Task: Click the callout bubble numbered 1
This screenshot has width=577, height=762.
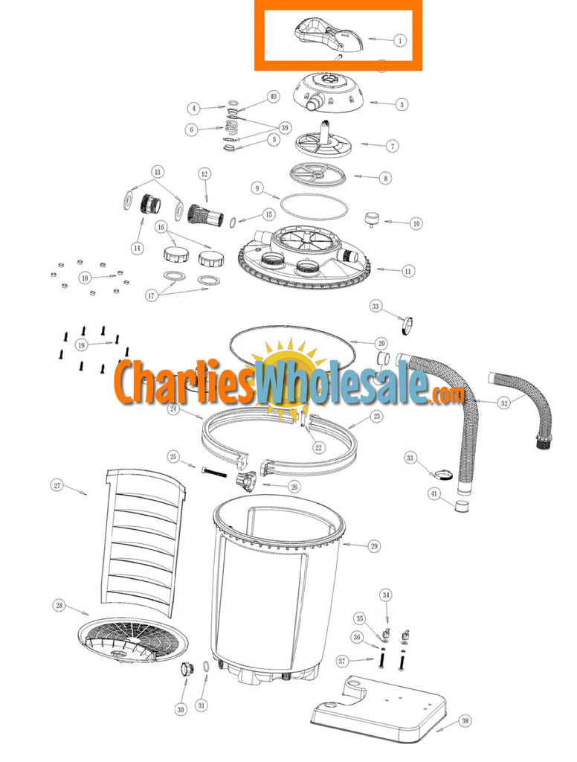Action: [400, 40]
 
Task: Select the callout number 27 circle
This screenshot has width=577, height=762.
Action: [57, 485]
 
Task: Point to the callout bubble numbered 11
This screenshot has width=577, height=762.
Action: [407, 272]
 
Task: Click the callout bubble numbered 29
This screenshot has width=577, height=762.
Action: [374, 546]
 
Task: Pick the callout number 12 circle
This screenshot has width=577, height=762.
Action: [203, 174]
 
